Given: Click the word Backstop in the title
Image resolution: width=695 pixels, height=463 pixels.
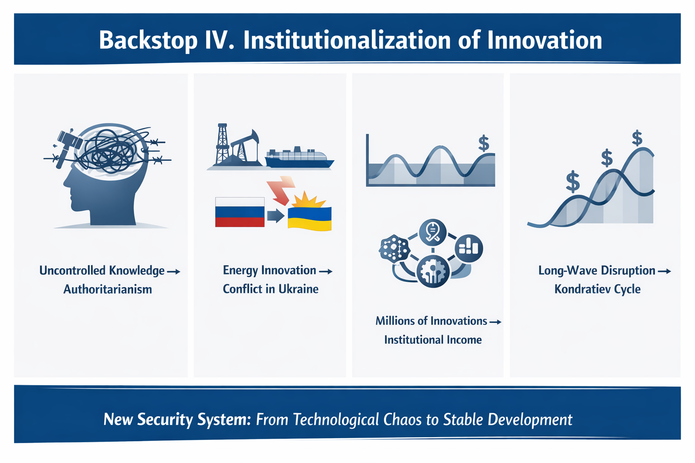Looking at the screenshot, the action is (x=148, y=41).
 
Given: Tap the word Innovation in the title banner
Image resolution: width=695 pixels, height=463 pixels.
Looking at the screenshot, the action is (x=544, y=40).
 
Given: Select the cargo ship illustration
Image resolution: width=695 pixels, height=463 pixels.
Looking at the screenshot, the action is (x=299, y=157).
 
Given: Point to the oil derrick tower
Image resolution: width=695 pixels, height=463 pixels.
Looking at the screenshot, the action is (x=222, y=144).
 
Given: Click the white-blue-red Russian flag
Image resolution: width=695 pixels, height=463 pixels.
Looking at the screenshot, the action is (x=240, y=212).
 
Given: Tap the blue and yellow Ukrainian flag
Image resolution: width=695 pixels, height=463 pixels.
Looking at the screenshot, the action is (x=309, y=219).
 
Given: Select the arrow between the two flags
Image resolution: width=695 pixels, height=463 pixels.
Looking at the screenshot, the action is (x=276, y=216).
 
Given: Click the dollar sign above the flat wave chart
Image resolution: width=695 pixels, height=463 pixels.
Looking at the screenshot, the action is (x=484, y=143).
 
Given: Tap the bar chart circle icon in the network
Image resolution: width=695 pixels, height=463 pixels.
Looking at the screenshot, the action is (x=469, y=248).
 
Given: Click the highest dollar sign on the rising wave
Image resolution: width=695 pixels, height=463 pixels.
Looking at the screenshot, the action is (x=637, y=138).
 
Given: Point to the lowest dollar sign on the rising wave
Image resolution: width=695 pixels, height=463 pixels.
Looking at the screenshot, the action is (x=573, y=181).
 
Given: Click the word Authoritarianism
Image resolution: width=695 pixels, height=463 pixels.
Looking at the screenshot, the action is (x=108, y=289).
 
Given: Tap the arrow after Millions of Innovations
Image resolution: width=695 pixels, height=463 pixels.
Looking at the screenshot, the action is (x=495, y=322).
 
